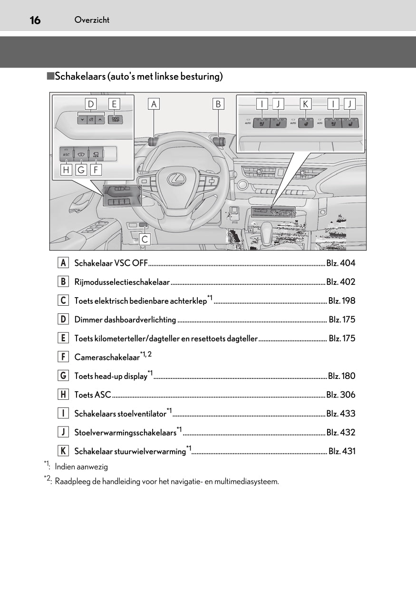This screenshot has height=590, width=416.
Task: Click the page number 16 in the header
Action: [35, 20]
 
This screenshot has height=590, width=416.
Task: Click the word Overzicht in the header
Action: [92, 20]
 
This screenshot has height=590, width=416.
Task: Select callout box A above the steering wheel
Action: [154, 104]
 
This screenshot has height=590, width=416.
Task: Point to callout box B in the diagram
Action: [218, 104]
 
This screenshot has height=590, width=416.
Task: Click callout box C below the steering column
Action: [145, 239]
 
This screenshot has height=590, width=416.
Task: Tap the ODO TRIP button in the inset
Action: [115, 119]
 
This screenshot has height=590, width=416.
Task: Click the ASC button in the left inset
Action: [66, 154]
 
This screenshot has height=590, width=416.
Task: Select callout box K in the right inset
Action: [305, 104]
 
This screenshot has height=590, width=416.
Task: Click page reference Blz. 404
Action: [341, 263]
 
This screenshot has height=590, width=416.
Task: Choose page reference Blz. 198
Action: [342, 301]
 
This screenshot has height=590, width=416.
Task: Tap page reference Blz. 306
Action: [341, 395]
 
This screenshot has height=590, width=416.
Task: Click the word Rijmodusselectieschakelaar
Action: [122, 282]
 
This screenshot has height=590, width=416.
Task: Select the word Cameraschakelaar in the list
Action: [107, 358]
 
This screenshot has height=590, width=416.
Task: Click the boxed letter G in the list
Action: [63, 376]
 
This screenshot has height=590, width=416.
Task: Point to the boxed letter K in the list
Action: [63, 451]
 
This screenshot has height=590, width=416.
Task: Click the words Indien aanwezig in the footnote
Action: [81, 467]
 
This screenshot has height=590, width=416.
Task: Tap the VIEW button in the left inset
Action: [96, 154]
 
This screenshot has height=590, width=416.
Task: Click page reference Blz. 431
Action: [342, 451]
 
